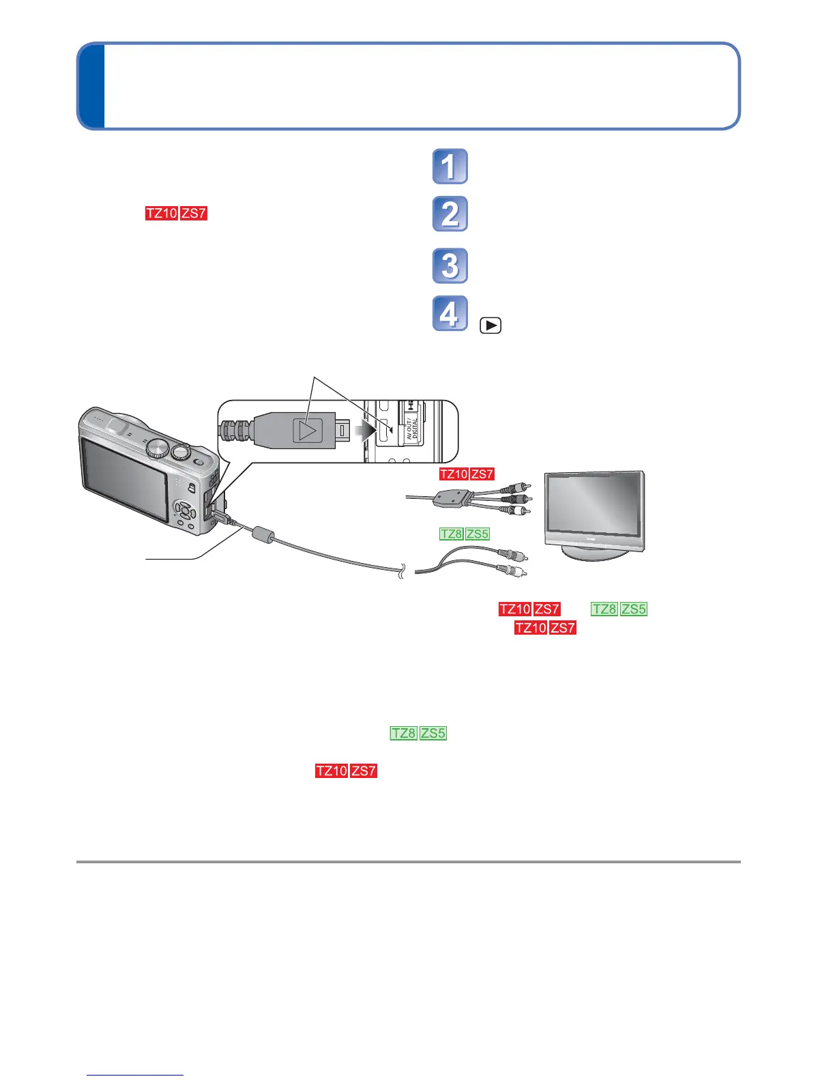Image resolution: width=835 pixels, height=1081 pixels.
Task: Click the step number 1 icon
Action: coord(450,167)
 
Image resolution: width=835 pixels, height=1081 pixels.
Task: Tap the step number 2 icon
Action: coord(450,214)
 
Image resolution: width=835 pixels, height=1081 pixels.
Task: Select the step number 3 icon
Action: coord(450,266)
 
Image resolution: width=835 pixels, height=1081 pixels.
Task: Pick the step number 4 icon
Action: coord(450,314)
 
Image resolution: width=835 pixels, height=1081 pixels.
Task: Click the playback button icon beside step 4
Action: coord(490,326)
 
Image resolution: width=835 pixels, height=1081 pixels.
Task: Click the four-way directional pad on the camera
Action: coord(184,509)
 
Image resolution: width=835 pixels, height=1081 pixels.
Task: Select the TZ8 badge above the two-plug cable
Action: coord(452,534)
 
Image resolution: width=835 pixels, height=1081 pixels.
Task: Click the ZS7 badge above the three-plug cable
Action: coord(482,474)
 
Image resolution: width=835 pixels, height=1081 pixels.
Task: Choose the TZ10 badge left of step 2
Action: coord(161,214)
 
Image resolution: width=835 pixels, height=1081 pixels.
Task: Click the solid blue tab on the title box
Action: coord(91,87)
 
